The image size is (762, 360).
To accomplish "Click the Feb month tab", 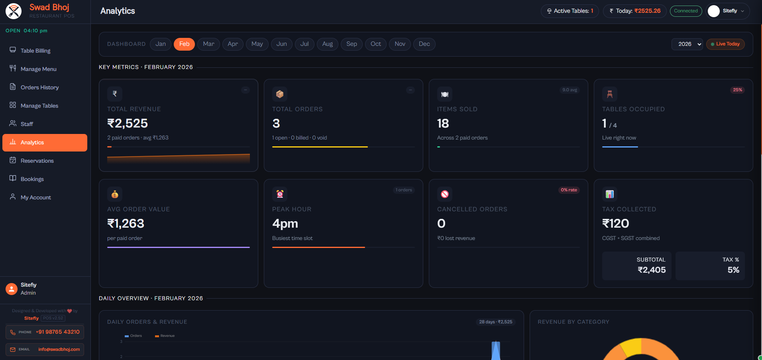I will point(184,44).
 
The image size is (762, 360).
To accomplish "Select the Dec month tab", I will point(424,44).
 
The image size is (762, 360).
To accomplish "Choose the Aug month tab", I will point(327,44).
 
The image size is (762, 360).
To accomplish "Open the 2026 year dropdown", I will point(687,44).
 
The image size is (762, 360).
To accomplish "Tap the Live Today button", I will point(725,44).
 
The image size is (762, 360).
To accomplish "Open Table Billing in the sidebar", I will point(35,51).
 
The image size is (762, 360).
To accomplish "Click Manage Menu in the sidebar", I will point(38,69).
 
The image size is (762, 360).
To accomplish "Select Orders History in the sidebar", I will point(39,87).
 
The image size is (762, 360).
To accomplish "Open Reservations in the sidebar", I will point(37,161).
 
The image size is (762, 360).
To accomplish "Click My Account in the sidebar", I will point(35,197).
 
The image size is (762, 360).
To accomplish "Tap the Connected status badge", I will point(685,11).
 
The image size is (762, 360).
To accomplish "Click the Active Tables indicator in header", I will point(570,11).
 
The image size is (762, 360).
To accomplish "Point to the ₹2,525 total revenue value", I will point(128,124).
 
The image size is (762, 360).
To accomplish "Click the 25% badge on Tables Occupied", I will point(737,90).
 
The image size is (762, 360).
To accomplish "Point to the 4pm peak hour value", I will point(285,224).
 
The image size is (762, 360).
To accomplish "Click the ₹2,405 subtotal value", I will point(652,270).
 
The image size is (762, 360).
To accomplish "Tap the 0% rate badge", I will point(569,190).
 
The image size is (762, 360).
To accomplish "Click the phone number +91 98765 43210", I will point(58,332).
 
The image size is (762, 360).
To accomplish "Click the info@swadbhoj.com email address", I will point(59,349).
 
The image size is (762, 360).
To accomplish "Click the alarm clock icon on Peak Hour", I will point(280,194).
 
